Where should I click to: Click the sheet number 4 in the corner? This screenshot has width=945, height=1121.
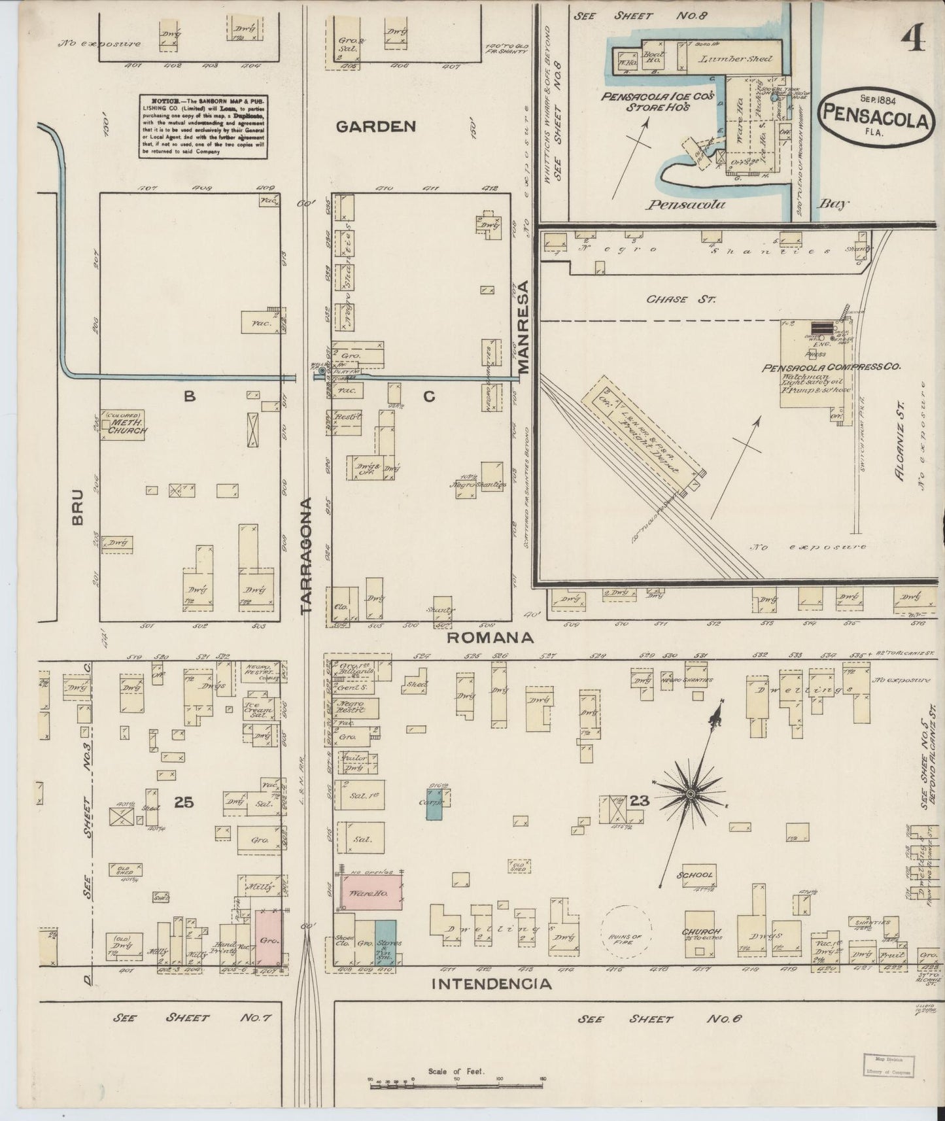click(x=912, y=41)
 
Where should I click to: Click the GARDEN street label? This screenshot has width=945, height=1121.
click(x=375, y=127)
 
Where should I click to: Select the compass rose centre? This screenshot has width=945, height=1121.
click(x=689, y=795)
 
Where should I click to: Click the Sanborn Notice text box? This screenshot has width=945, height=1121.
click(x=203, y=126)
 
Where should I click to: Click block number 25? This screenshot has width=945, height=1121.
click(x=184, y=802)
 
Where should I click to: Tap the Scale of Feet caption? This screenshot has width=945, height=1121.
click(x=455, y=1071)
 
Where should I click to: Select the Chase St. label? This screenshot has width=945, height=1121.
click(x=681, y=299)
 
